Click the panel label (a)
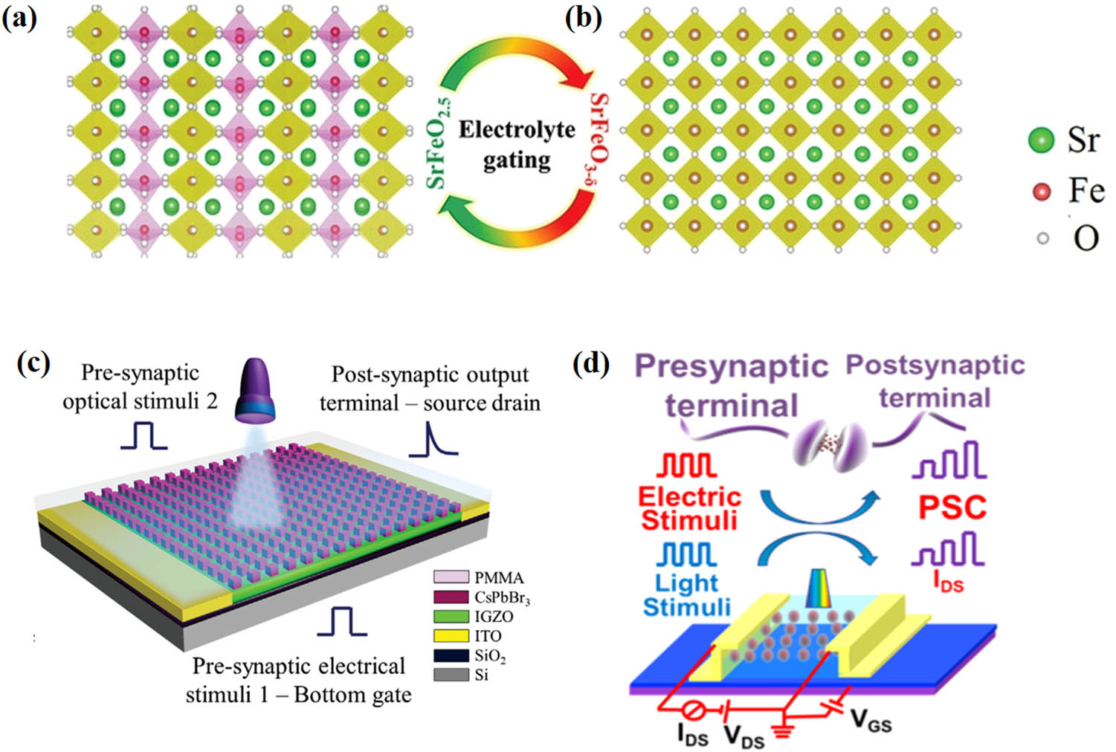click(x=19, y=19)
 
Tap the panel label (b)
click(x=584, y=19)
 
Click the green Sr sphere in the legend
click(x=1042, y=140)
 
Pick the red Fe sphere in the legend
click(x=1042, y=192)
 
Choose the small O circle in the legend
click(x=1042, y=239)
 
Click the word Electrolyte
click(x=517, y=130)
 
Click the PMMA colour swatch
click(x=451, y=577)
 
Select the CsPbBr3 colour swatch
click(x=451, y=597)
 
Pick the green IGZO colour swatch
click(x=451, y=616)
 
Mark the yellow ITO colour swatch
click(x=451, y=636)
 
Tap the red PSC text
click(x=952, y=508)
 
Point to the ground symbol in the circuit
click(x=781, y=731)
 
